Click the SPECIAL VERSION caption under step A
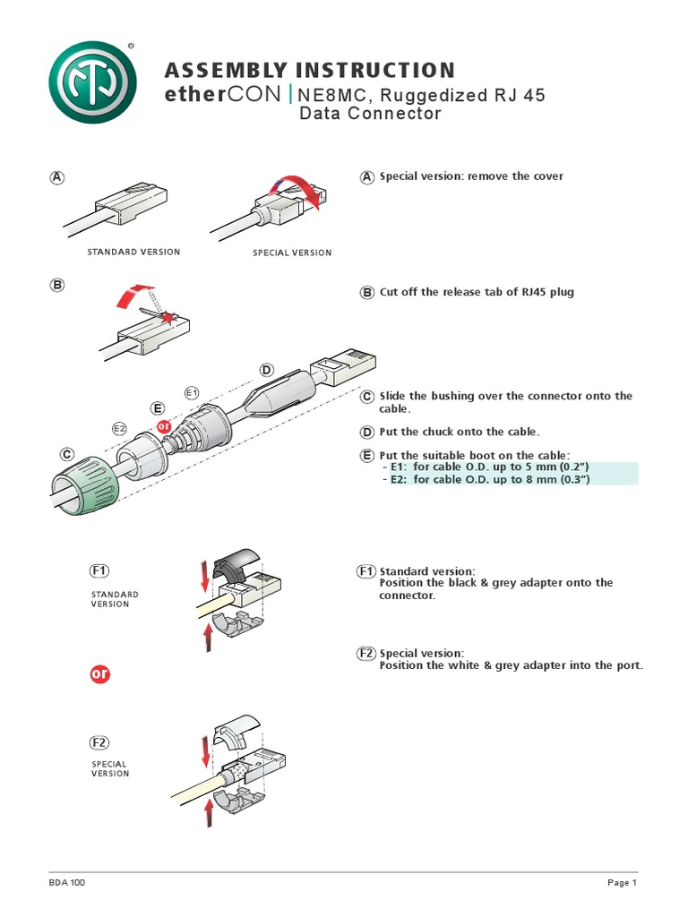(292, 253)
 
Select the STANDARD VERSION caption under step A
(133, 252)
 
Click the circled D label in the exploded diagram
(266, 370)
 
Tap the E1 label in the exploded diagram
(191, 392)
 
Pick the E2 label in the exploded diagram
(119, 429)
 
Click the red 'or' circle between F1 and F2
(100, 673)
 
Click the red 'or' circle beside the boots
(163, 426)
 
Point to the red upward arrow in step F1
(207, 637)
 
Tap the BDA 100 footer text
(67, 883)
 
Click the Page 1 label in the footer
(621, 883)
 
